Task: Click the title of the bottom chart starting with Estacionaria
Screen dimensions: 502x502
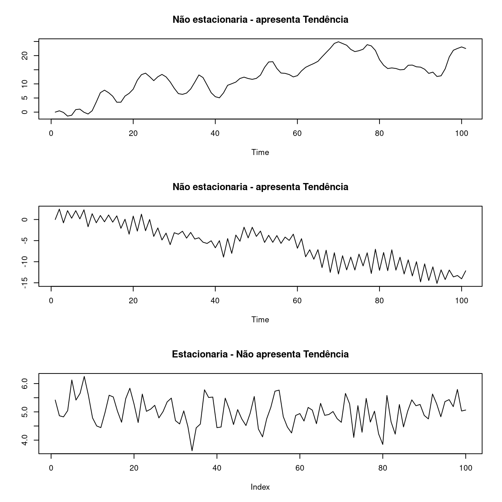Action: [260, 354]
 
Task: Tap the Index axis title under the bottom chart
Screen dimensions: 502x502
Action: [260, 487]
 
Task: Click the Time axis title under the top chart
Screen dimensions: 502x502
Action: [260, 152]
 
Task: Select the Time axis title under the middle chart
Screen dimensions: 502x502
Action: [260, 319]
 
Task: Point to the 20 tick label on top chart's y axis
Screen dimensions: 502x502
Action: [25, 56]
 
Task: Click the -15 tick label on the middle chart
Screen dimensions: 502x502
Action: [25, 281]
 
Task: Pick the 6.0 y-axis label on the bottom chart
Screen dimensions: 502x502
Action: [25, 384]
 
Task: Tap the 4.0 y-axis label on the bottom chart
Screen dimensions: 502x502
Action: [25, 440]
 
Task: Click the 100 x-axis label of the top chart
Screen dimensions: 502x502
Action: [462, 133]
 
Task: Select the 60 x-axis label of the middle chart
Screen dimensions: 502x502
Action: [297, 301]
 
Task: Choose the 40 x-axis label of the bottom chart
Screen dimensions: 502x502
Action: [217, 468]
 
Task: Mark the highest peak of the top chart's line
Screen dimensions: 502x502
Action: [338, 42]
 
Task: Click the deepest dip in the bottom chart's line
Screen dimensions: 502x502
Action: [192, 451]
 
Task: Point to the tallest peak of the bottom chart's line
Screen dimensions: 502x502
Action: [84, 376]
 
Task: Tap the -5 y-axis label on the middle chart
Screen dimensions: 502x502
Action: [25, 241]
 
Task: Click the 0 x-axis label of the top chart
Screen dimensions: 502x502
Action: [51, 133]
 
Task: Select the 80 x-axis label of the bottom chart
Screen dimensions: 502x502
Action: [382, 468]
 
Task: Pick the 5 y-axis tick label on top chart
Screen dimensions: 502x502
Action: [25, 98]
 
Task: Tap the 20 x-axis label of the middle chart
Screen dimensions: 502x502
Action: [133, 301]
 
